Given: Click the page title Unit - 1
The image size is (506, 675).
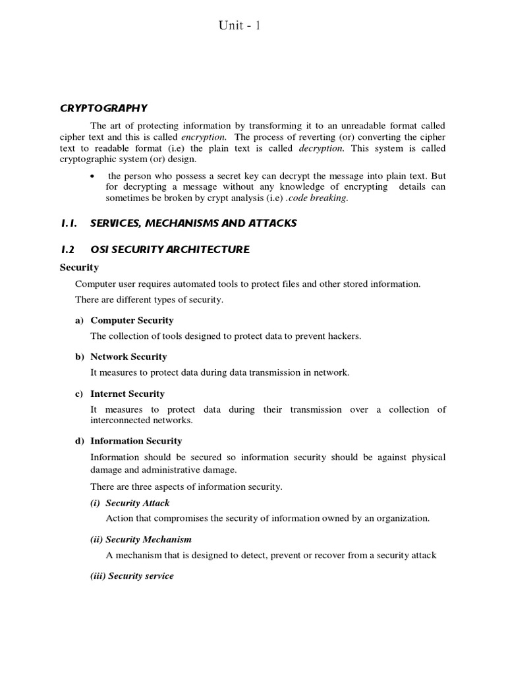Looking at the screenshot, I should point(241,26).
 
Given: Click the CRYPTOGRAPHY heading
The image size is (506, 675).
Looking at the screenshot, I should point(103,108).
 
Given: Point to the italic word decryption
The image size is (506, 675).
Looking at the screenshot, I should point(321,148).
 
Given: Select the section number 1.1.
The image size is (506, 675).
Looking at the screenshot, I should point(69,223).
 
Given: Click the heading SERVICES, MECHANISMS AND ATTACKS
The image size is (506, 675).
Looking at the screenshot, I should point(193,223).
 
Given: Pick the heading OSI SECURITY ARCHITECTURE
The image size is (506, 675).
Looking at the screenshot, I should point(169,249).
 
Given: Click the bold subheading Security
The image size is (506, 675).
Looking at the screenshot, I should point(79,267).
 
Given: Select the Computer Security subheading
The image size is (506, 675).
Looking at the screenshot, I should point(132,320).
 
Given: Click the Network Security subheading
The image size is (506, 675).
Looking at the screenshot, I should point(128,357).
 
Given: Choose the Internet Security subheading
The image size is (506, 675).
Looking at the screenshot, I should point(127,394).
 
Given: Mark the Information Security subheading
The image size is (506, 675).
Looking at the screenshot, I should point(136,441).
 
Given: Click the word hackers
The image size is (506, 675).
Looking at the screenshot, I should point(343,336).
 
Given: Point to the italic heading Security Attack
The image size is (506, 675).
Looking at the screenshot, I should point(137,503).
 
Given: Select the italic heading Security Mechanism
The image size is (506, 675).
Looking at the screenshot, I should point(148,539).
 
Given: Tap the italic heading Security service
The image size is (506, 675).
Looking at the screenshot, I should point(140,576).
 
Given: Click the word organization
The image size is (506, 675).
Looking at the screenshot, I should point(403,518).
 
